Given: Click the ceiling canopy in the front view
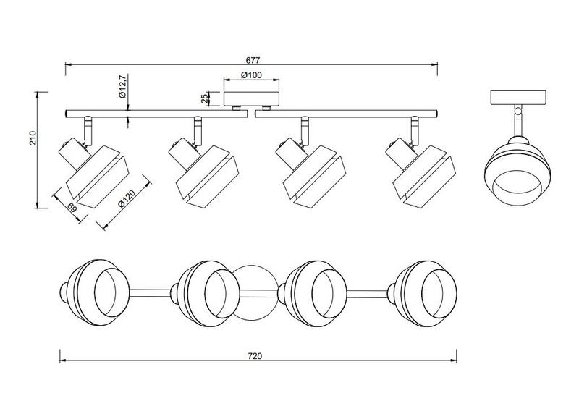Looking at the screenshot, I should pyautogui.click(x=251, y=98).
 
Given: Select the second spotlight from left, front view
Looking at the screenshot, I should pyautogui.click(x=198, y=167).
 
